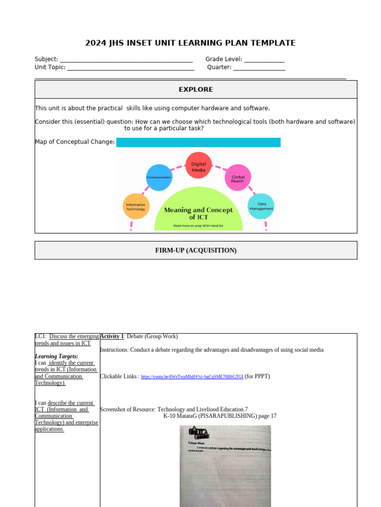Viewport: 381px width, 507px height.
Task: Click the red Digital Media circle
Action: pos(198,165)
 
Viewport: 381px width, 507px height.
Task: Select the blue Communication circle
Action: pos(159,177)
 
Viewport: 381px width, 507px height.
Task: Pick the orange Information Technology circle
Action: pos(135,206)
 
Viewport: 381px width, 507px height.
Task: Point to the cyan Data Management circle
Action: pos(261,206)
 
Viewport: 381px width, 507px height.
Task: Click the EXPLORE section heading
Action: pos(195,90)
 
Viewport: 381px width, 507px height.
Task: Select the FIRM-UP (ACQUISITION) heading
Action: pos(195,251)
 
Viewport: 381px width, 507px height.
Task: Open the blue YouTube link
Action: pos(192,377)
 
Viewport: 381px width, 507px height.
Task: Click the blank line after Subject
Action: pos(126,60)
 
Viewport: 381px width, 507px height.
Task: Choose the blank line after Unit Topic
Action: pos(130,68)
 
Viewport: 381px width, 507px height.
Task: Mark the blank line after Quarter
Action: pos(259,68)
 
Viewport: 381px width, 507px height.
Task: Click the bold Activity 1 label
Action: pos(112,337)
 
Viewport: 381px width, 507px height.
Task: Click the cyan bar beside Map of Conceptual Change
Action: pos(198,143)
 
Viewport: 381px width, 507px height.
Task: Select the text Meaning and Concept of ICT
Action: pos(198,213)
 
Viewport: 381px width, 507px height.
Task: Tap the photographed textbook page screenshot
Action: pos(225,465)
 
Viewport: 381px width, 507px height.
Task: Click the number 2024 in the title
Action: pos(95,43)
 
